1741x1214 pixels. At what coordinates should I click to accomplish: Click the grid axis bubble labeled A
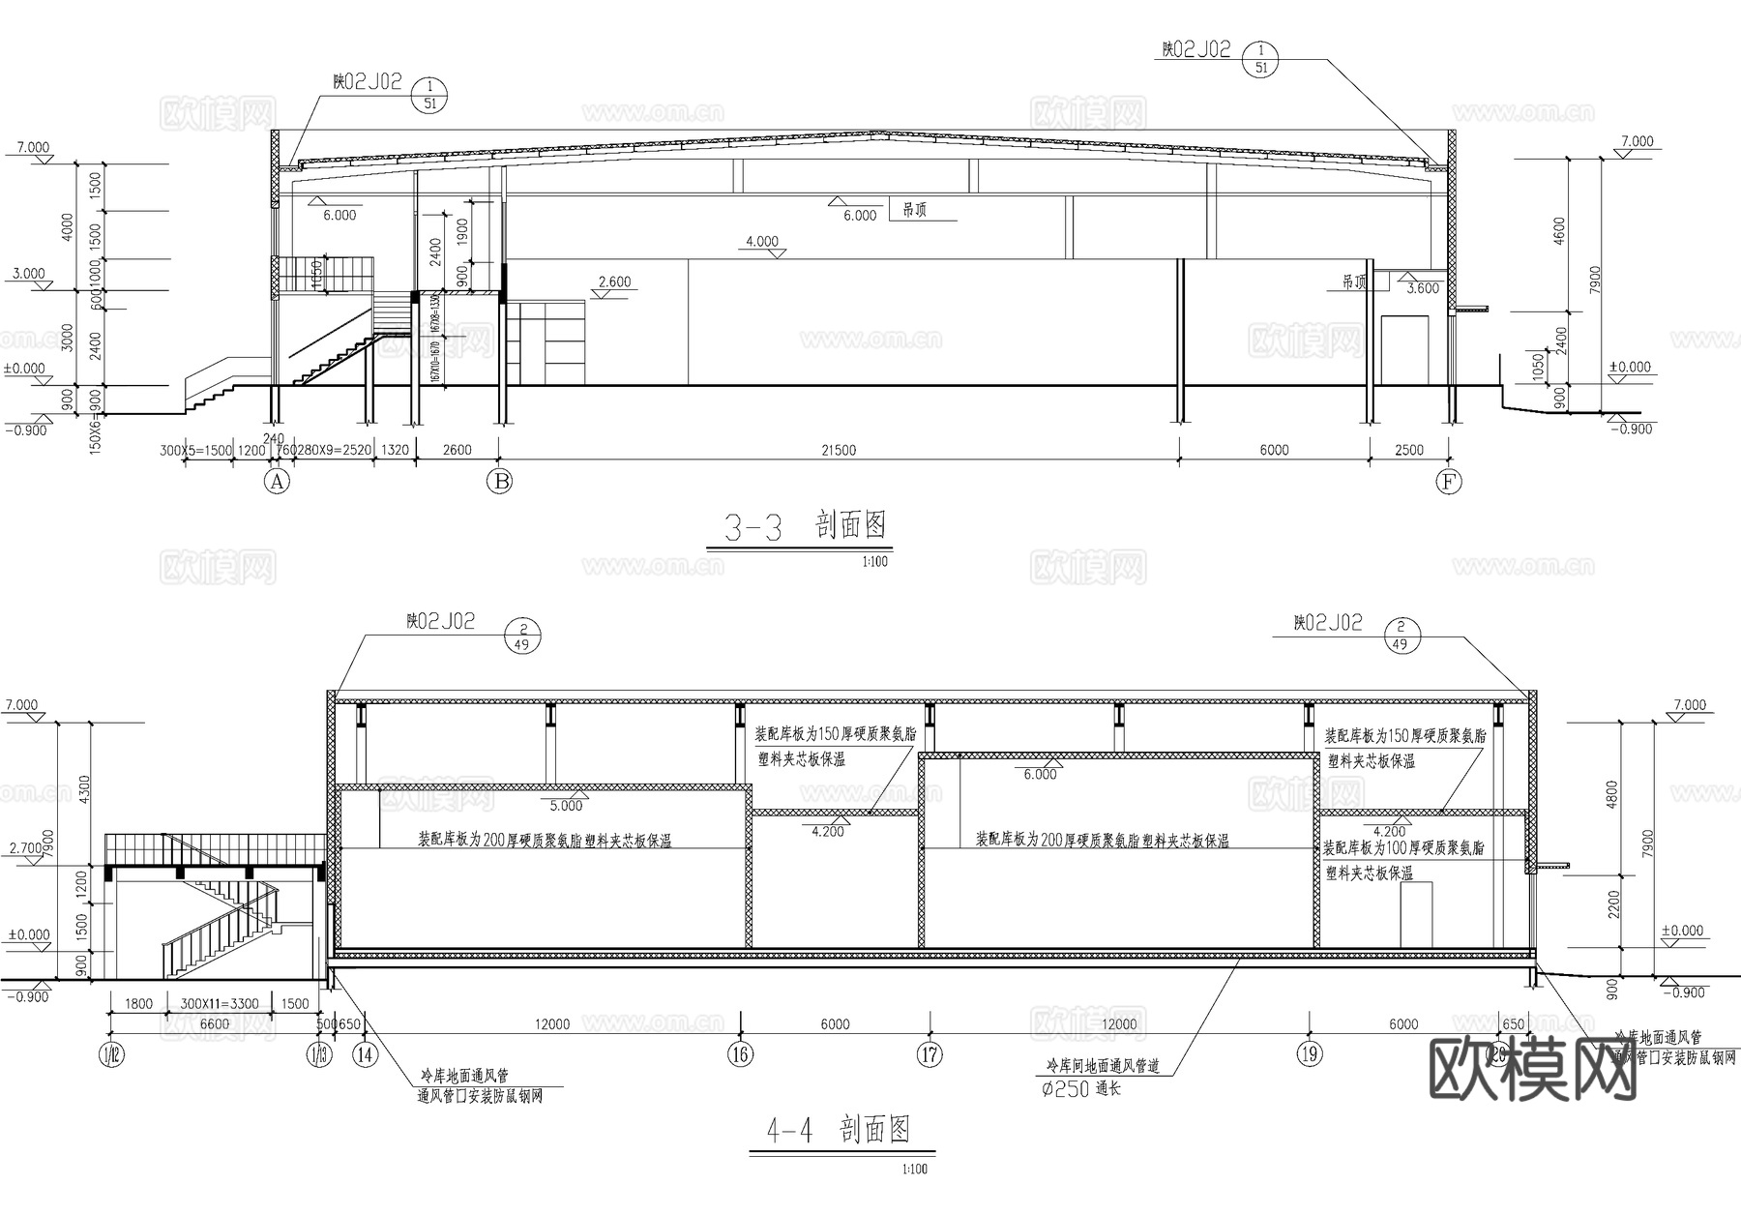[x=278, y=482]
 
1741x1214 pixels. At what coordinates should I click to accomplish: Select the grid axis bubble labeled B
[x=500, y=482]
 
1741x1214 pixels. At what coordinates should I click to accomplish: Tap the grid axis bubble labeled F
[x=1448, y=482]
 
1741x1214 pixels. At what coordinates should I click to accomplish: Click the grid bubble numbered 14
[x=365, y=1054]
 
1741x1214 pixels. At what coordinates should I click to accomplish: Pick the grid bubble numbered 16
[x=740, y=1054]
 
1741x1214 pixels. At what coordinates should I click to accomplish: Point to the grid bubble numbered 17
[x=930, y=1054]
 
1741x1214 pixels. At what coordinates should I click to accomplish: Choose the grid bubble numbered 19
[x=1310, y=1054]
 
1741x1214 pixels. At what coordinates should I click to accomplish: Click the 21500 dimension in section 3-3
[x=838, y=450]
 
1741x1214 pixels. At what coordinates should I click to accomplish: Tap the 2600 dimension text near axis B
[x=457, y=450]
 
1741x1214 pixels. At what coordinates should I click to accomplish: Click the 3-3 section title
[x=805, y=527]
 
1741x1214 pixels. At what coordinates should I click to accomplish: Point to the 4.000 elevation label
[x=762, y=241]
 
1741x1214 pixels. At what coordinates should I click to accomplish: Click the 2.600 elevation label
[x=614, y=282]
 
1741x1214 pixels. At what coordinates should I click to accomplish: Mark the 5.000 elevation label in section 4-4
[x=567, y=805]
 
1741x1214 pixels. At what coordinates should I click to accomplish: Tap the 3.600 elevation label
[x=1423, y=288]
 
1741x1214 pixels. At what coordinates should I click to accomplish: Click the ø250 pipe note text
[x=1080, y=1088]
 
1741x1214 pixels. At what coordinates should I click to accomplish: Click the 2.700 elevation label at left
[x=26, y=848]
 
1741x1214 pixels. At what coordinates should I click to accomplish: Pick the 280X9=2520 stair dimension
[x=335, y=450]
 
